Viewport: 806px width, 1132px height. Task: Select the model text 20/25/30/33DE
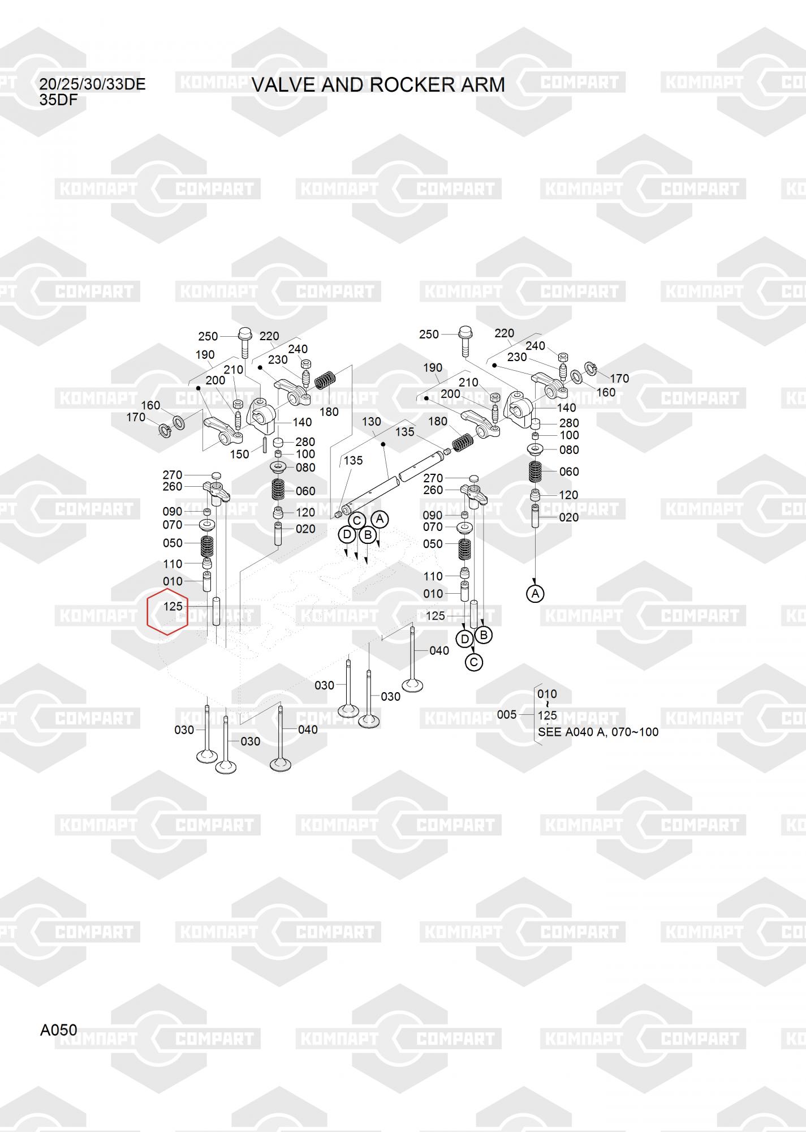pyautogui.click(x=92, y=84)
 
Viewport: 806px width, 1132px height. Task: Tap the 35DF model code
pyautogui.click(x=58, y=100)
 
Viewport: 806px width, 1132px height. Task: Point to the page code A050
pyautogui.click(x=58, y=1030)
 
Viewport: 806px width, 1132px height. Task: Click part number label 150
pyautogui.click(x=239, y=454)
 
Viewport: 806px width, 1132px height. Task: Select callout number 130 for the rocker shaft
pyautogui.click(x=372, y=422)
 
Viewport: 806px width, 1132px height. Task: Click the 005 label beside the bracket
pyautogui.click(x=507, y=714)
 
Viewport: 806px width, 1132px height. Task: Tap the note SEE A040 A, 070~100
pyautogui.click(x=598, y=732)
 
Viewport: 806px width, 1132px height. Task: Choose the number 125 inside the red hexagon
pyautogui.click(x=173, y=606)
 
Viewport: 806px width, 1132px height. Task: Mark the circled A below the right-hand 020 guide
pyautogui.click(x=535, y=594)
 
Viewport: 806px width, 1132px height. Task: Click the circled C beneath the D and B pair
pyautogui.click(x=474, y=662)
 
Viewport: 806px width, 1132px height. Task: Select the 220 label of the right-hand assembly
pyautogui.click(x=504, y=333)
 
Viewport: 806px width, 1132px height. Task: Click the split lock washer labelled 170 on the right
pyautogui.click(x=591, y=368)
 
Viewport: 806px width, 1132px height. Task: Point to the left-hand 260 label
pyautogui.click(x=173, y=486)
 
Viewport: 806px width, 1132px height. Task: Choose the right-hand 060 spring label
pyautogui.click(x=569, y=471)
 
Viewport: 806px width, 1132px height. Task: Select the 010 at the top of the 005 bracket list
pyautogui.click(x=547, y=694)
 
